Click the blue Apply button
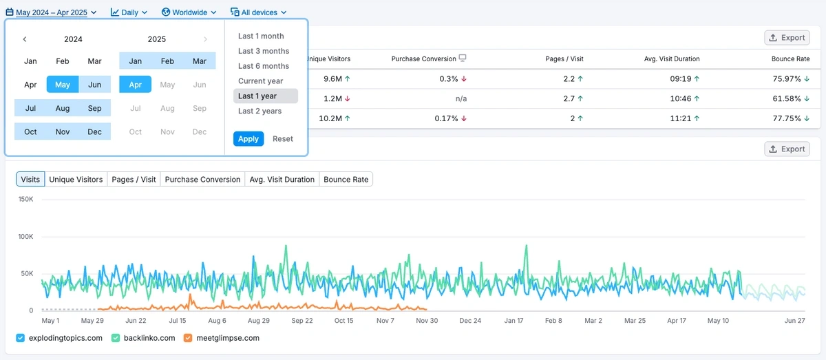point(248,139)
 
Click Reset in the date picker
point(282,139)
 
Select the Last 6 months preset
point(264,66)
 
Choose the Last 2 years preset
point(260,111)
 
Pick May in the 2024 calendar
point(63,85)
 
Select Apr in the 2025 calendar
point(135,85)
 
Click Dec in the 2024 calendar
point(94,131)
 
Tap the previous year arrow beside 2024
point(25,39)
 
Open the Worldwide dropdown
point(189,12)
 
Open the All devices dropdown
point(258,12)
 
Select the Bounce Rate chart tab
point(346,180)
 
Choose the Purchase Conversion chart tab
point(202,180)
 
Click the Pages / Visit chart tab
point(134,180)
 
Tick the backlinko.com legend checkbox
point(116,338)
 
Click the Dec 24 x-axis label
point(470,321)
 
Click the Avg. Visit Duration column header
point(672,59)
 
